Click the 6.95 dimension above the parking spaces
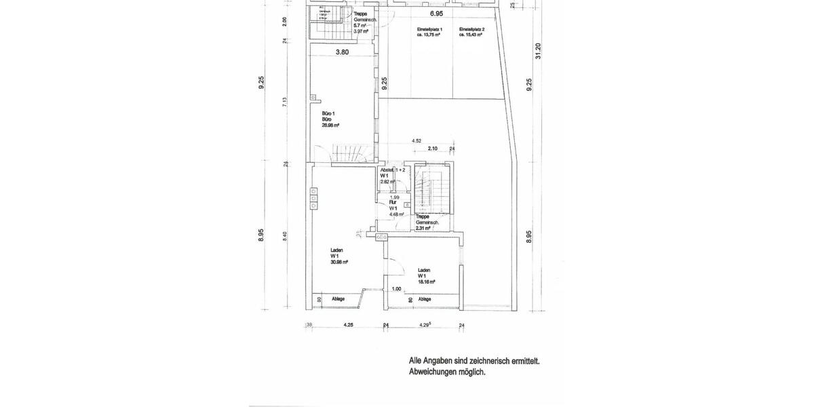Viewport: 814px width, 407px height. (436, 14)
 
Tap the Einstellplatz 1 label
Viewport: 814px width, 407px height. (429, 30)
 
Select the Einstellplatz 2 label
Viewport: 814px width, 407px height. (471, 30)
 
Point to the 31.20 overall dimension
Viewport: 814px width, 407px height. (538, 51)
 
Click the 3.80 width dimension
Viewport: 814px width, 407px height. (342, 52)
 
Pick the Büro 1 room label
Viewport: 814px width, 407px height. (328, 113)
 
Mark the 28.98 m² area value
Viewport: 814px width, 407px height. (330, 125)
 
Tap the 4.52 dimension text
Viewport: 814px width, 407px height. (416, 141)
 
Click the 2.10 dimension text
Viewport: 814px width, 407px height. (432, 149)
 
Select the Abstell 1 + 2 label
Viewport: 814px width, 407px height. (393, 170)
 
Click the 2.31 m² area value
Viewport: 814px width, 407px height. (424, 229)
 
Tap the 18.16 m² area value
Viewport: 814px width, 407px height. (426, 282)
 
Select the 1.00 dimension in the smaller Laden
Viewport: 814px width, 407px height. (396, 289)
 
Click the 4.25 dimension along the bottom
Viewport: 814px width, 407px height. (349, 325)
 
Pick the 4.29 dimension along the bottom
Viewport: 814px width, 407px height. (425, 325)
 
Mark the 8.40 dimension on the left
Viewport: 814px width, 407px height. (285, 235)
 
